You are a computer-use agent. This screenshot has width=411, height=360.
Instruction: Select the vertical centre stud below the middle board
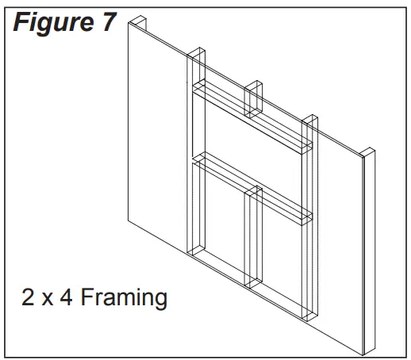coord(253,238)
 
